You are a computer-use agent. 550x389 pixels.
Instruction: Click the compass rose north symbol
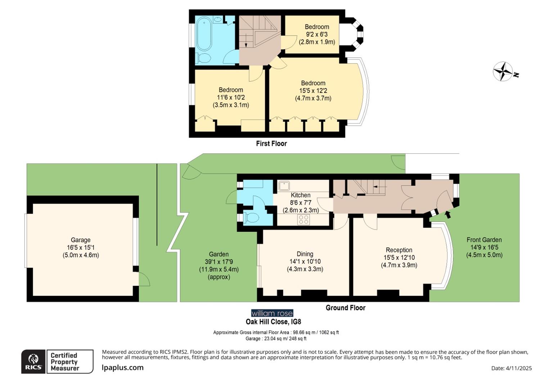pos(503,71)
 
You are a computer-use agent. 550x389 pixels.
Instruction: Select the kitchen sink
pos(284,185)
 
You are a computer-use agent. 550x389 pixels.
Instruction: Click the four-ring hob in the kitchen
pos(303,219)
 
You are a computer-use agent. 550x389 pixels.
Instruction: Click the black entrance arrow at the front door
pos(448,215)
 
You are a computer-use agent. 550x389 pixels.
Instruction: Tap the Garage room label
pos(80,240)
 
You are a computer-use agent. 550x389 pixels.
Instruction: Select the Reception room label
pos(399,250)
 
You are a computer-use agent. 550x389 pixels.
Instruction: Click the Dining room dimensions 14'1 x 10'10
pos(305,261)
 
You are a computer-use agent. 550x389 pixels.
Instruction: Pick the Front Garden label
pos(484,240)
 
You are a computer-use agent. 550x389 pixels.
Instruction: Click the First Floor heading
pos(271,143)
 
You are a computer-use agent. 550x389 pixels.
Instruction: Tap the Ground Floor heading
pos(345,308)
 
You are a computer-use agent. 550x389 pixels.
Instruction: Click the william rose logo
pos(272,313)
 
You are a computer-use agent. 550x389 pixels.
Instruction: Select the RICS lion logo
pos(33,361)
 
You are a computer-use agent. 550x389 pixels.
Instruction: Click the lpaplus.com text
pos(122,368)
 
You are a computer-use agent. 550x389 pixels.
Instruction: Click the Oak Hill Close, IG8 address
pos(273,322)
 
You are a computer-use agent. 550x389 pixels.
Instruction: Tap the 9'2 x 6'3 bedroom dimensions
pos(317,34)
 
